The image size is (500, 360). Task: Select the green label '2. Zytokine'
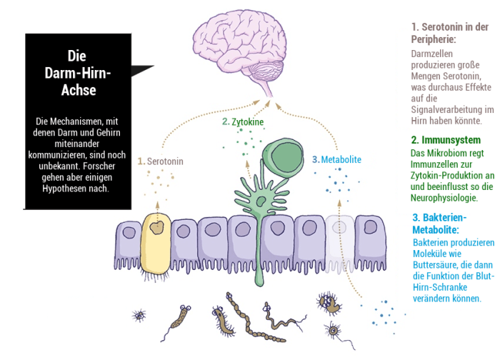point(243,122)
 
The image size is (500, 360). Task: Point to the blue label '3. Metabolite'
point(336,159)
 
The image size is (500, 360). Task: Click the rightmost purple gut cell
point(371,236)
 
